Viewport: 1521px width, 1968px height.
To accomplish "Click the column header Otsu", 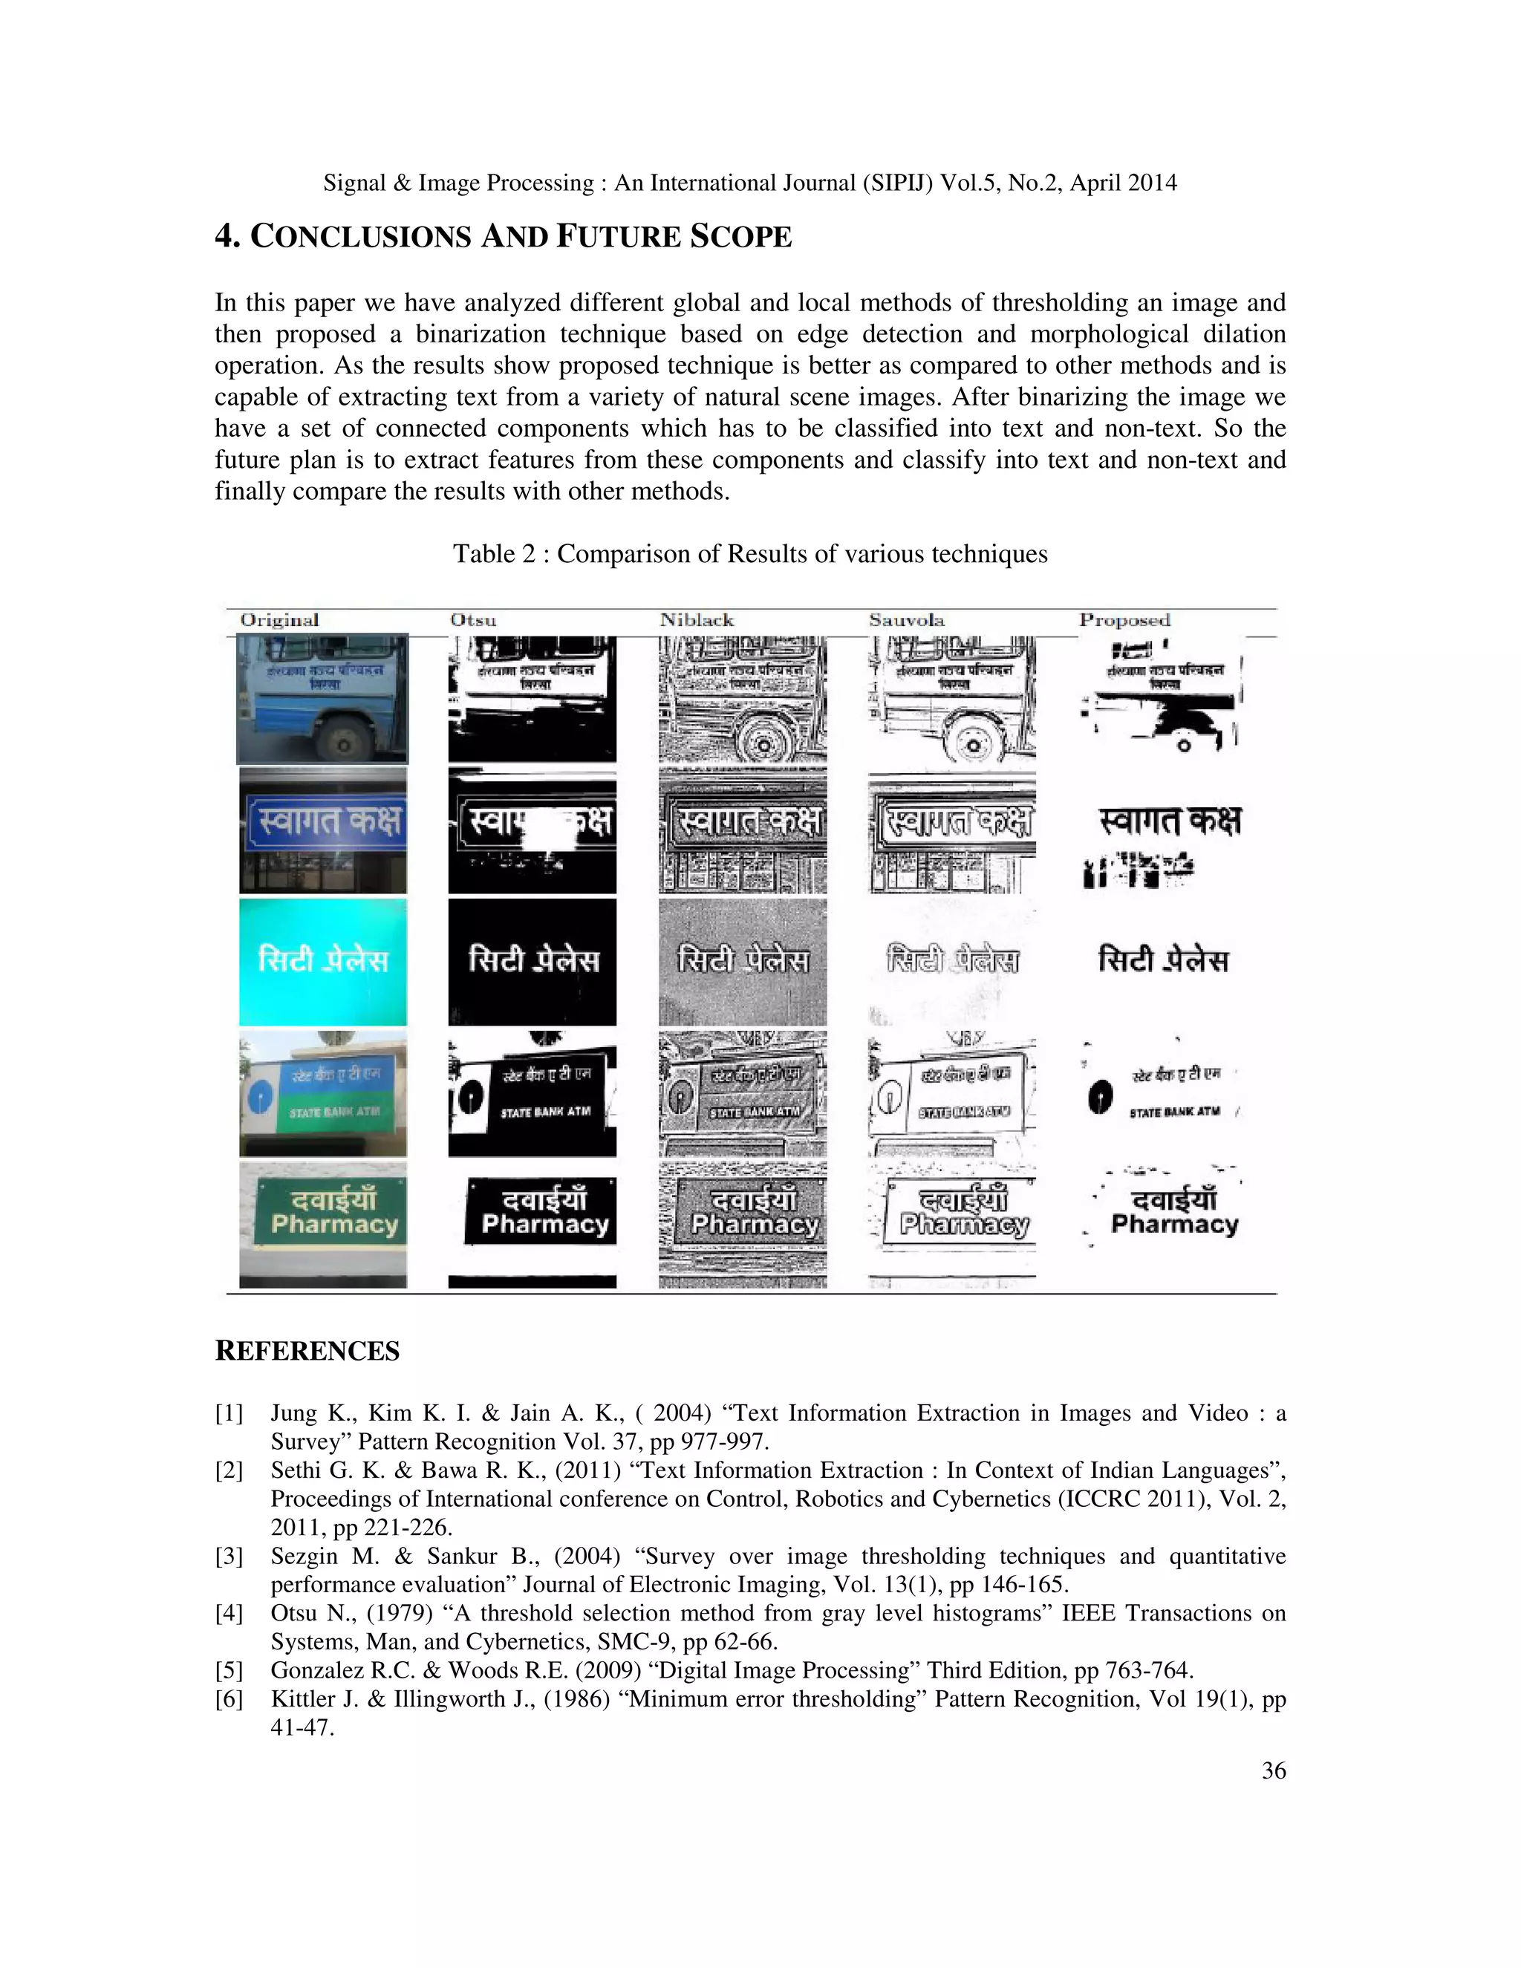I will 473,620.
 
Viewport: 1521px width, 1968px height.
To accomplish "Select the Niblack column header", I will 697,620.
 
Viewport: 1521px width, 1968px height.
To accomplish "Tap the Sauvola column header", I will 907,620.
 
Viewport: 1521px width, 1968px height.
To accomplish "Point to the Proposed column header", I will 1124,620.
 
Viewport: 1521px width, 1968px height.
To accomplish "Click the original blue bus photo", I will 322,698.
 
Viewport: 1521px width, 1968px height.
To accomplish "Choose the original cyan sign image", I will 322,962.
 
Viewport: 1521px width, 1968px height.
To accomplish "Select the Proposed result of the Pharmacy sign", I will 1171,1212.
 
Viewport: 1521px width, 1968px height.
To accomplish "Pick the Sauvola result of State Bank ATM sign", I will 952,1093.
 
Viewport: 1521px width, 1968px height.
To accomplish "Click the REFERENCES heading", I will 307,1351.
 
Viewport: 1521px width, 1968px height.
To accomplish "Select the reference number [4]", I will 229,1613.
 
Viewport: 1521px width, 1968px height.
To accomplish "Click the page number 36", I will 1273,1770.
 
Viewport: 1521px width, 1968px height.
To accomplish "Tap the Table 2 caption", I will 749,553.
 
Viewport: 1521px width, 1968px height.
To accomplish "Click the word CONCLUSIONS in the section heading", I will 359,236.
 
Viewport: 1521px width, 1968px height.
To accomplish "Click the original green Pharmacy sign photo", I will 322,1224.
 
